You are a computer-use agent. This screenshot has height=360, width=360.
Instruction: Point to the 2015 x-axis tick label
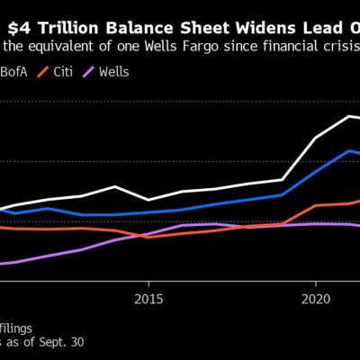pyautogui.click(x=148, y=297)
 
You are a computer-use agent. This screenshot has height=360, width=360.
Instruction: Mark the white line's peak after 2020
pyautogui.click(x=349, y=116)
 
